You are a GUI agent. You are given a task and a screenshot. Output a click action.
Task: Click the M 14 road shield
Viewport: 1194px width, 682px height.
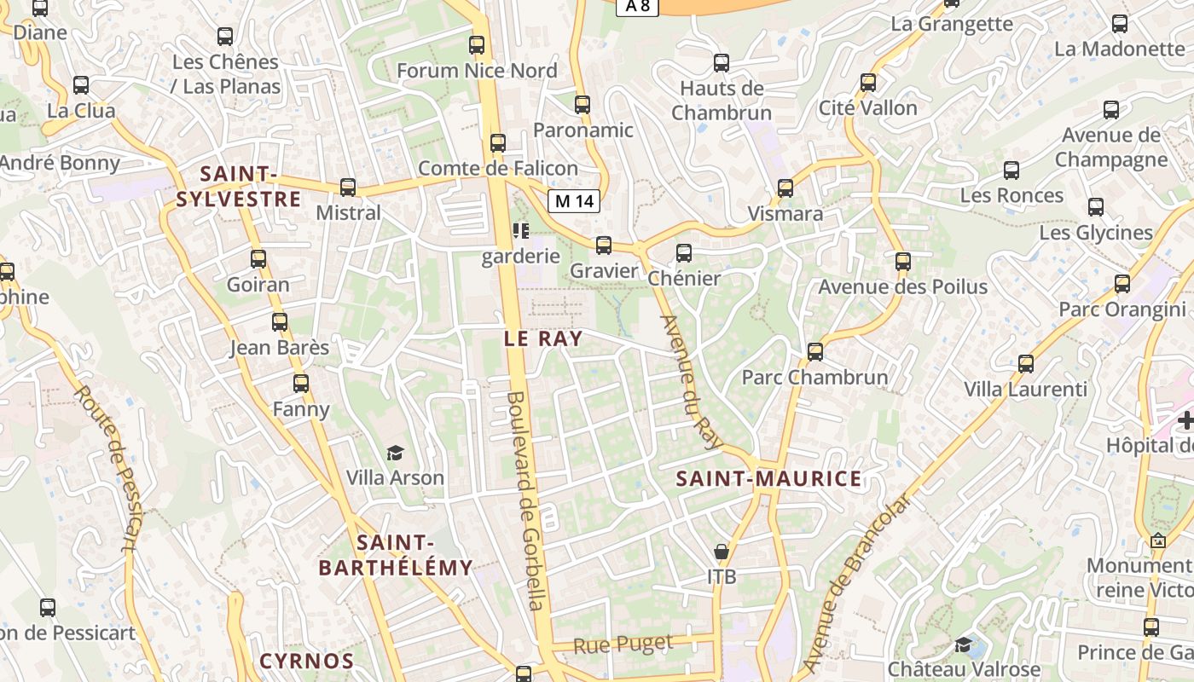pyautogui.click(x=573, y=201)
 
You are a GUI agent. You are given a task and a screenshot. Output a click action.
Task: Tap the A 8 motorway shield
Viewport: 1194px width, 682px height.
pyautogui.click(x=637, y=6)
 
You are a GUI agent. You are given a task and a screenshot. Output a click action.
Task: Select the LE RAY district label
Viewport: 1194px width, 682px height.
pyautogui.click(x=543, y=338)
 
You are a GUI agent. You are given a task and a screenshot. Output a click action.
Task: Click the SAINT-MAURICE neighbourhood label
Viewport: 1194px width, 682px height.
pyautogui.click(x=768, y=479)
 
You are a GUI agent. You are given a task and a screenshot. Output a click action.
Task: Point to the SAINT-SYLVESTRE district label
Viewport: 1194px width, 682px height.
pyautogui.click(x=238, y=187)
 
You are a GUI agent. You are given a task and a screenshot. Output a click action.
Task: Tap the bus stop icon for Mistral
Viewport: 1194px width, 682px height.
pyautogui.click(x=348, y=188)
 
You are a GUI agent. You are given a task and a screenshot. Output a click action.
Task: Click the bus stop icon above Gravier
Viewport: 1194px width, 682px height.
pyautogui.click(x=604, y=246)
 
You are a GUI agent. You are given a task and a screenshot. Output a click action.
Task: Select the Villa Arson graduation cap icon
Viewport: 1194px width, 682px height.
pyautogui.click(x=395, y=453)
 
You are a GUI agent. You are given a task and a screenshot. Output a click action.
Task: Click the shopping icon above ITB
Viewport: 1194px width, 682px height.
pyautogui.click(x=722, y=552)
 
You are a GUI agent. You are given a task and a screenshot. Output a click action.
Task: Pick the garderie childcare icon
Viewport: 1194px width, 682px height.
pyautogui.click(x=520, y=230)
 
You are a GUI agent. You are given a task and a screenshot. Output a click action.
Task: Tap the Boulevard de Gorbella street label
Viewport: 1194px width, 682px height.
pyautogui.click(x=525, y=500)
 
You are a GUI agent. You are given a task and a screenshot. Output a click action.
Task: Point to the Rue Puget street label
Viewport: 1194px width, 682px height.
pyautogui.click(x=623, y=644)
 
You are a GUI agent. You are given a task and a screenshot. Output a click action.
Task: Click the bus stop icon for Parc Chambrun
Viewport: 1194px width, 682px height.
pyautogui.click(x=815, y=351)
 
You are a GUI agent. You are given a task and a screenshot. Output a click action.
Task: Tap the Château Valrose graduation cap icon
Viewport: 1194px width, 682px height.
pyautogui.click(x=963, y=644)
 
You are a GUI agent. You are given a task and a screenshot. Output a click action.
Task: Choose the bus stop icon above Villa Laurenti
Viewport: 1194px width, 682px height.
pyautogui.click(x=1026, y=364)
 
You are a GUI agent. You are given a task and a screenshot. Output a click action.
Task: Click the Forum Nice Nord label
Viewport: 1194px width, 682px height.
pyautogui.click(x=477, y=71)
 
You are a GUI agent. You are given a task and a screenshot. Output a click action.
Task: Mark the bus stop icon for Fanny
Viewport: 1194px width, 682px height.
pyautogui.click(x=301, y=384)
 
